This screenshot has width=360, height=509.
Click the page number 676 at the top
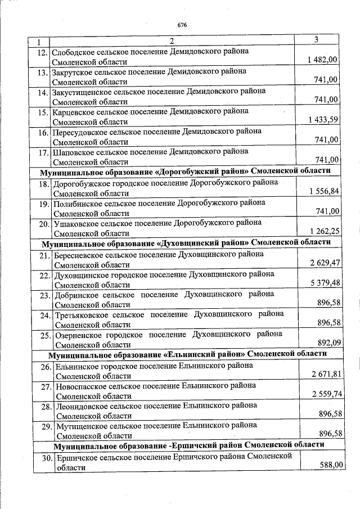click(182, 25)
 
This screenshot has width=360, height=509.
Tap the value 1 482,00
click(323, 60)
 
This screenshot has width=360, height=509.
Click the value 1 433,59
click(323, 120)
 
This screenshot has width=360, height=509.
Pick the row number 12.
click(40, 52)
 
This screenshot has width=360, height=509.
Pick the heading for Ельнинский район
click(188, 354)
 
